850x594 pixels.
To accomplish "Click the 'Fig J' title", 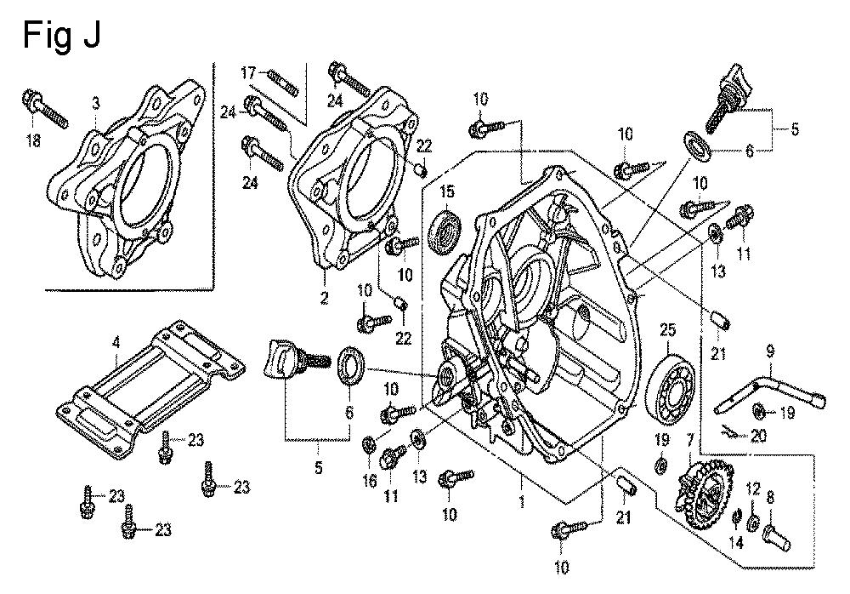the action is (x=61, y=37).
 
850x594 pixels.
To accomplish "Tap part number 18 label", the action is (x=34, y=140).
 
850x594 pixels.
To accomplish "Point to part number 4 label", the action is (x=116, y=342).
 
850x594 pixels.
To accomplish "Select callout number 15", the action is (x=447, y=191).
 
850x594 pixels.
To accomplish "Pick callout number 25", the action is (x=667, y=329).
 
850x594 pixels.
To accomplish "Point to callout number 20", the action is (x=758, y=436).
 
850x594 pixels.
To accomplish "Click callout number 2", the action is (x=324, y=298).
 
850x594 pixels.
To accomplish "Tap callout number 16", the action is (x=370, y=480).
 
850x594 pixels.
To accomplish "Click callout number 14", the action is (x=737, y=542).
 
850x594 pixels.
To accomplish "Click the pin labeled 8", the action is (x=777, y=536).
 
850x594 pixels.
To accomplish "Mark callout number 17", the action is (x=248, y=72).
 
